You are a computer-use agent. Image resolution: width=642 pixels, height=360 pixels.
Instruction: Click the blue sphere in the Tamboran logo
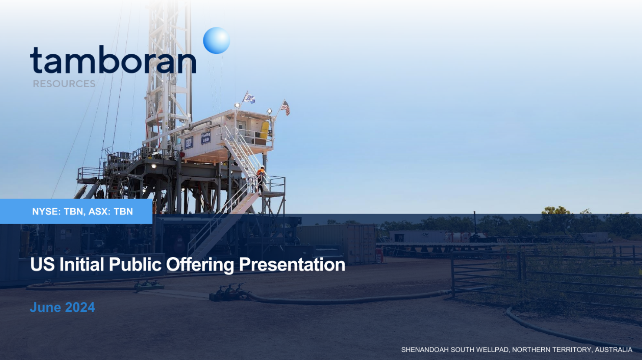coord(217,40)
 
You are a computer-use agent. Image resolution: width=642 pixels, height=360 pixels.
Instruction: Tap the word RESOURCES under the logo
coord(64,84)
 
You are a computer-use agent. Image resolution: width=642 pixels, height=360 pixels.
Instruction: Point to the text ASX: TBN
coord(111,211)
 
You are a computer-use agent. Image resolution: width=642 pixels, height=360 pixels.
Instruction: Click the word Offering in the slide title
coord(200,264)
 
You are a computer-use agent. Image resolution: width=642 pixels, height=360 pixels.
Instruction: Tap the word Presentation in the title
coord(292,264)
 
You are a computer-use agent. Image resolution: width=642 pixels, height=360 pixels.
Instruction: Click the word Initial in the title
coord(82,264)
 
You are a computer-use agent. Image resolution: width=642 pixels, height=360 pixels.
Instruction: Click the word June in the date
coord(45,307)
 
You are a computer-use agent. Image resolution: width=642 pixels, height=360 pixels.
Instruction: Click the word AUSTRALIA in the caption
coord(614,350)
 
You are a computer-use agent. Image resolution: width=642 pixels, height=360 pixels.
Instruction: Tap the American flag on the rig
coord(285,108)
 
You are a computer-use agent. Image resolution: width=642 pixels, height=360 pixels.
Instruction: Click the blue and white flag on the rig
coord(249,98)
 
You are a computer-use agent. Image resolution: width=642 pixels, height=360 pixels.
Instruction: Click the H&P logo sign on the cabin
coord(188,143)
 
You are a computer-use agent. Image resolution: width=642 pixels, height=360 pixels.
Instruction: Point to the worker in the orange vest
coord(260,179)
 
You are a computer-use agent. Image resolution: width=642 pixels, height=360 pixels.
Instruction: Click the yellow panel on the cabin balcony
coord(264,130)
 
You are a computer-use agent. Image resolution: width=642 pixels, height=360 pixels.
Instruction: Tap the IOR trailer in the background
coord(418,237)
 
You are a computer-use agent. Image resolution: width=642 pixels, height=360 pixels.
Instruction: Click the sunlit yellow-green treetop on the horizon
coord(556,210)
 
